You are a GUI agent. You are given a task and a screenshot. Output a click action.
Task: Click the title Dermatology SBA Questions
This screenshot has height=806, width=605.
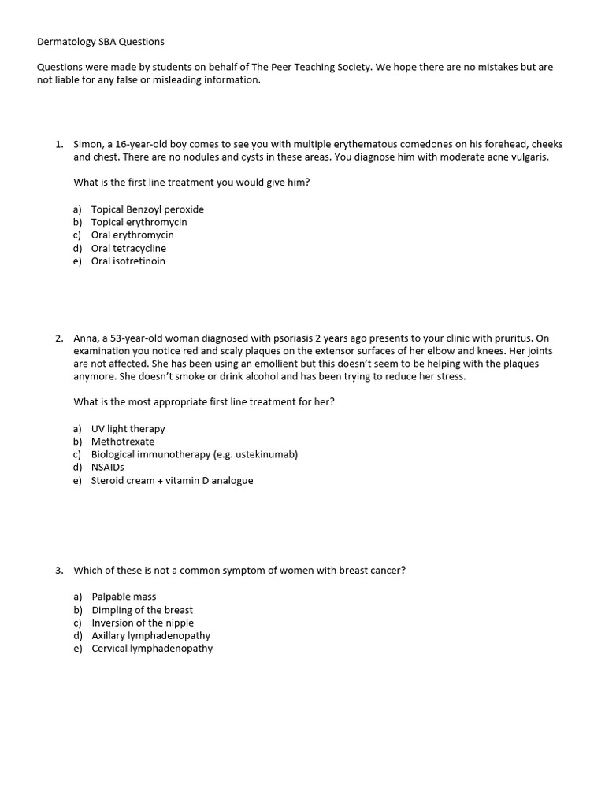(101, 41)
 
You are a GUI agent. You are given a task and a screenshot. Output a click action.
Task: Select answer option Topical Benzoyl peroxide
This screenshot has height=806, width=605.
(147, 209)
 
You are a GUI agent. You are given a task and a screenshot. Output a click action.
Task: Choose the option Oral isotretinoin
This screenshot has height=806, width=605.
(128, 261)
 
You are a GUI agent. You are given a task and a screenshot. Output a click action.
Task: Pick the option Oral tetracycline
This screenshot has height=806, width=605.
(128, 248)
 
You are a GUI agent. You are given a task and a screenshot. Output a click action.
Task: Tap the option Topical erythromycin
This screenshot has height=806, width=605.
(139, 222)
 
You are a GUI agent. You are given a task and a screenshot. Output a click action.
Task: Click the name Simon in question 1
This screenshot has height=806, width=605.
(87, 145)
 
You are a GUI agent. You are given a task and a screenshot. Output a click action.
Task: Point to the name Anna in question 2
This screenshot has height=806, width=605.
(86, 338)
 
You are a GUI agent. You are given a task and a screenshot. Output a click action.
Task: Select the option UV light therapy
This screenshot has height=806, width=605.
(128, 429)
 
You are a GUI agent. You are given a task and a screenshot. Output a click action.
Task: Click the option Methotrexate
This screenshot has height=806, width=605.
(123, 442)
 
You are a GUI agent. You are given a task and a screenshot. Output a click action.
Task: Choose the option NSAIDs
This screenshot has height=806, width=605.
(108, 467)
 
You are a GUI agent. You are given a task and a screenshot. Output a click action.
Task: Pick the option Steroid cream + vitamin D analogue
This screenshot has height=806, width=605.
(172, 480)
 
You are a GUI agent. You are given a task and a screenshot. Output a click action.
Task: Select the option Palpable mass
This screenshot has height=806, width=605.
(124, 597)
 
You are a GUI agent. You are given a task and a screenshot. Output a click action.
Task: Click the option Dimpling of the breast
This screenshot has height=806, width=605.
(142, 610)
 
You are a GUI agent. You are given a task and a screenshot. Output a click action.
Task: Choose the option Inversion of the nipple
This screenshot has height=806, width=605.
(143, 623)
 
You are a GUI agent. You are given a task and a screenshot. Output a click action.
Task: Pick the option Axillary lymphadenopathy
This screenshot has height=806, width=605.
(150, 635)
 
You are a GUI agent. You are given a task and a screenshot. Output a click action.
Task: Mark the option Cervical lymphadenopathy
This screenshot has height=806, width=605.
(151, 649)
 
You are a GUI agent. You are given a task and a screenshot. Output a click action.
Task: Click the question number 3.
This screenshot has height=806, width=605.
(59, 571)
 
